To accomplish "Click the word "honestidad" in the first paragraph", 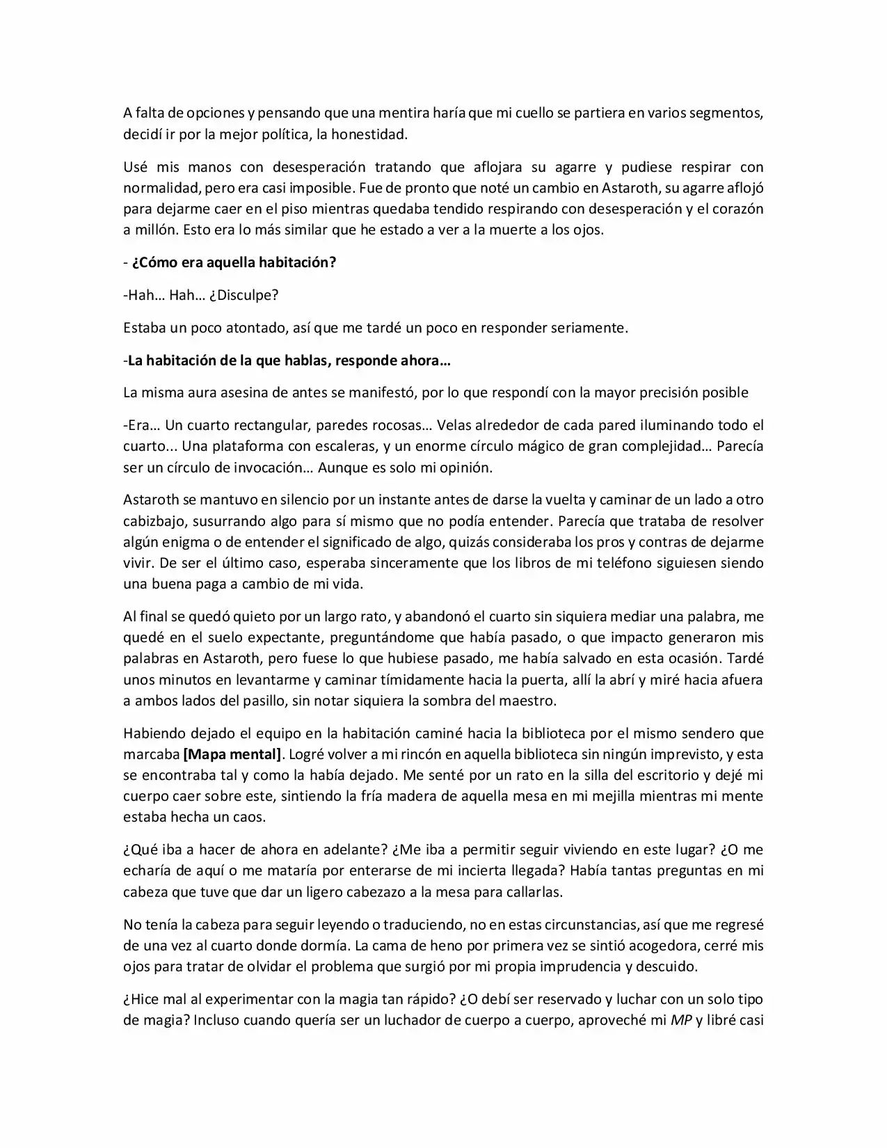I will [368, 134].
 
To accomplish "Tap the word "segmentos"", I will [726, 113].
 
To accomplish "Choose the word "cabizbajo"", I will [152, 520].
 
